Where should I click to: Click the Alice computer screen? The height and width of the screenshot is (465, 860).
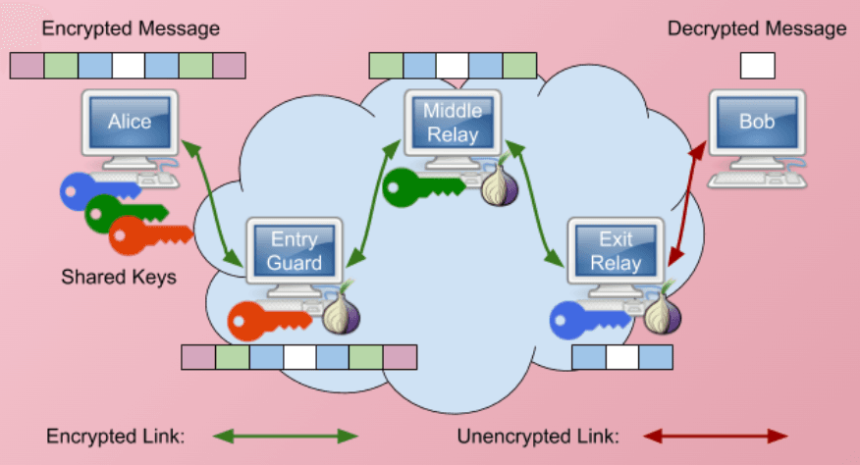130,123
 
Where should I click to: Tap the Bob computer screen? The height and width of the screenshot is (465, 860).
757,124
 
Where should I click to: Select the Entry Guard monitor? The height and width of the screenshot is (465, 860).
296,250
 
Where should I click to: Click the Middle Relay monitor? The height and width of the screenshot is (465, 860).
453,123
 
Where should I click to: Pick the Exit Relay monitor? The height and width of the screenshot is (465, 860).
616,250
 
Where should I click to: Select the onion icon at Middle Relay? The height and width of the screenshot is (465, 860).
497,185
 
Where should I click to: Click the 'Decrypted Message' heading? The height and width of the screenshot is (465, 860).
757,28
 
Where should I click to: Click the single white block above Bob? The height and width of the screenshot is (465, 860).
757,65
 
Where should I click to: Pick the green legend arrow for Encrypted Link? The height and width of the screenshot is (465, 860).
286,436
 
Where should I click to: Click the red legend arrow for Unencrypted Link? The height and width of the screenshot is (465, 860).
716,436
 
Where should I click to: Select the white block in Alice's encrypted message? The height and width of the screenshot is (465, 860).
128,66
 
